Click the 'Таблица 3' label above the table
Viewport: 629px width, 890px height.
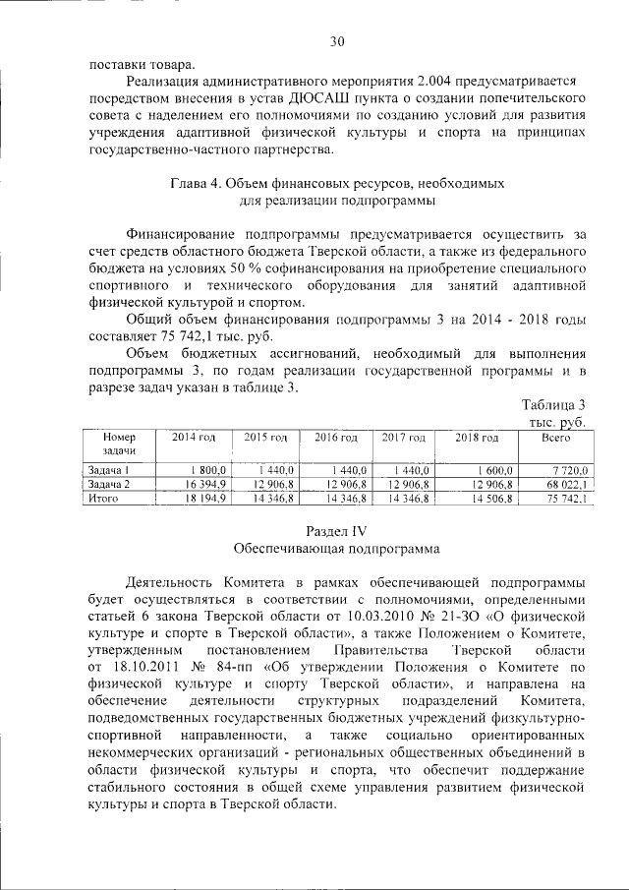(x=552, y=405)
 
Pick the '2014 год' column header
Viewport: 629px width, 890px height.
(x=194, y=436)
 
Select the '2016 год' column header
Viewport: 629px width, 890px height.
(x=335, y=436)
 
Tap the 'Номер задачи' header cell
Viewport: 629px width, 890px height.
(x=118, y=443)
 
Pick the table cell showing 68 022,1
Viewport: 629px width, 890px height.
(x=566, y=485)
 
